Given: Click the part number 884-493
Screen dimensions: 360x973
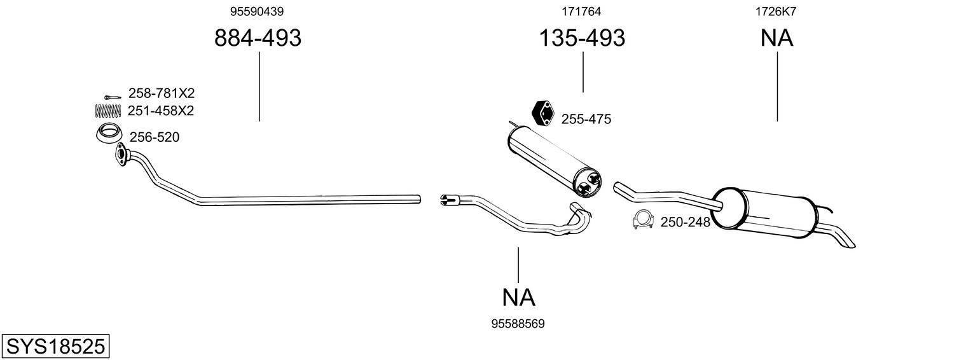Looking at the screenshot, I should (258, 38).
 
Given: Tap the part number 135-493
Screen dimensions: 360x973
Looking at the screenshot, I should (582, 38).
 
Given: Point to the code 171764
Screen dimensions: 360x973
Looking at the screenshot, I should (581, 11).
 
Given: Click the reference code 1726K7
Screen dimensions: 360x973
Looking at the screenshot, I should (776, 11).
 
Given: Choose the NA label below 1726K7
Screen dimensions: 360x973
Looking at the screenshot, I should (776, 38).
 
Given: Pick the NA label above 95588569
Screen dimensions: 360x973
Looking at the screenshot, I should (518, 297).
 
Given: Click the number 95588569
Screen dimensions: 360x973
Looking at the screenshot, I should (518, 324).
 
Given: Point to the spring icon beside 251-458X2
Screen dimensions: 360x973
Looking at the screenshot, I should (107, 111).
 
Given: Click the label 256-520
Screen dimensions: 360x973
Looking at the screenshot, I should (155, 137).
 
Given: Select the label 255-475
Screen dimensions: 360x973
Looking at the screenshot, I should (586, 119).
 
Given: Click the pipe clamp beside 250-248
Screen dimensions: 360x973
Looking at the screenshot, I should (644, 219).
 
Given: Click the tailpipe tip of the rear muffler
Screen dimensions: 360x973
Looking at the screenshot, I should (847, 241).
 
